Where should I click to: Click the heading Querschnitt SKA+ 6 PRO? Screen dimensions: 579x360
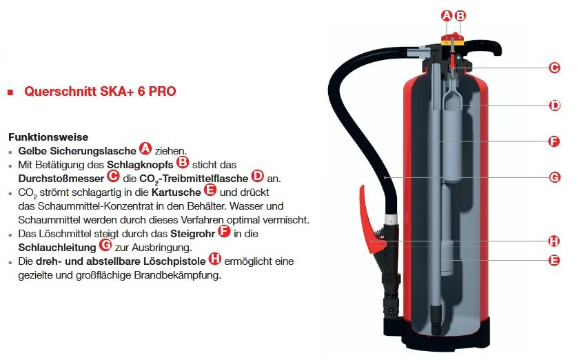pyautogui.click(x=100, y=91)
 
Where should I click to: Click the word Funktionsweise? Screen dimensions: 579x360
pyautogui.click(x=48, y=137)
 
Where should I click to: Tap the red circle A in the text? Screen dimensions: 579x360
pyautogui.click(x=145, y=148)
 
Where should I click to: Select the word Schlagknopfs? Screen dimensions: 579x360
pyautogui.click(x=140, y=165)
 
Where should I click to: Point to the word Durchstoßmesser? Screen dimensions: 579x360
pyautogui.click(x=61, y=179)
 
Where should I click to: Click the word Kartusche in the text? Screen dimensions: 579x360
pyautogui.click(x=176, y=192)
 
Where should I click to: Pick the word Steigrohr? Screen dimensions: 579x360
pyautogui.click(x=192, y=234)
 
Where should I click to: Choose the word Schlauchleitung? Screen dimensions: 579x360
pyautogui.click(x=57, y=248)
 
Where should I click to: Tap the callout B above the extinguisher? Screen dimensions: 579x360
pyautogui.click(x=460, y=16)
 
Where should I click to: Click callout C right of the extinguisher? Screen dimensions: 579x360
pyautogui.click(x=554, y=68)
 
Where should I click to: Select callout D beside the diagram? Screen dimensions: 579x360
pyautogui.click(x=555, y=106)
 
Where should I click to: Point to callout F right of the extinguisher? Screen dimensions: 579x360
pyautogui.click(x=554, y=141)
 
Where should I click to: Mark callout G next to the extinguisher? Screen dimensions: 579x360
pyautogui.click(x=555, y=177)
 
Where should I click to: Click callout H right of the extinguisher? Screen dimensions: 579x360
pyautogui.click(x=554, y=241)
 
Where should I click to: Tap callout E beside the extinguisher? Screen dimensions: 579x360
pyautogui.click(x=554, y=261)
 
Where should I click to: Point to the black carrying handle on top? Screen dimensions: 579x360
pyautogui.click(x=484, y=46)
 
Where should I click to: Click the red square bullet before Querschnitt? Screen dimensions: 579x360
pyautogui.click(x=10, y=92)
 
